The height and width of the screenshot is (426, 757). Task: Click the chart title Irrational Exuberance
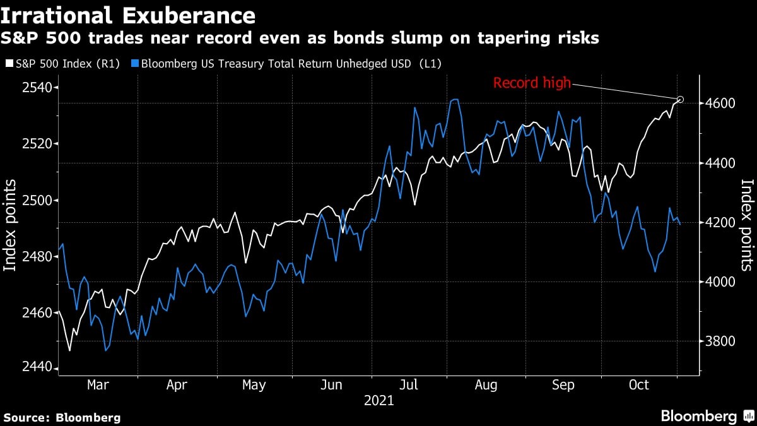pyautogui.click(x=129, y=15)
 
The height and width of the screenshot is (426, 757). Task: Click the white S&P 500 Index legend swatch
pyautogui.click(x=9, y=63)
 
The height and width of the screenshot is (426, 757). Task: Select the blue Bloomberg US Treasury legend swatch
pyautogui.click(x=135, y=63)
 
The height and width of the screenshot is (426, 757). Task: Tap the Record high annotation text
pyautogui.click(x=532, y=83)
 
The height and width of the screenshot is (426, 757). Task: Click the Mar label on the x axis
pyautogui.click(x=98, y=385)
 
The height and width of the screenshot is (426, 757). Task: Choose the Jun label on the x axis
pyautogui.click(x=332, y=385)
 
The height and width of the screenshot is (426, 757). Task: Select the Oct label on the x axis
pyautogui.click(x=639, y=385)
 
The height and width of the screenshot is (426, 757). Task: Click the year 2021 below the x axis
pyautogui.click(x=378, y=401)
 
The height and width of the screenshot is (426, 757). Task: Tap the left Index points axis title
pyautogui.click(x=11, y=225)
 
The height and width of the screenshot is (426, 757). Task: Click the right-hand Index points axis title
pyautogui.click(x=746, y=225)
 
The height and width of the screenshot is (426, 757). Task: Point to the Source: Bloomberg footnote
pyautogui.click(x=62, y=417)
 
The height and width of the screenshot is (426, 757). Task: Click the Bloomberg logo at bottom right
pyautogui.click(x=707, y=416)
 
